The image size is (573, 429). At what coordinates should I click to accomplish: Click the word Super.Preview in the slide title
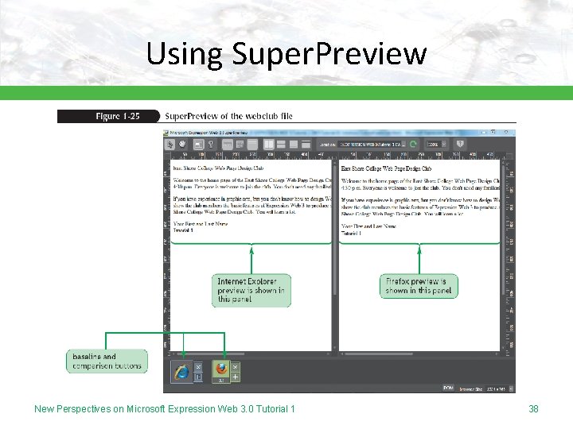pyautogui.click(x=329, y=54)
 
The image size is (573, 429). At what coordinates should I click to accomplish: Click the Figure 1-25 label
pyautogui.click(x=117, y=116)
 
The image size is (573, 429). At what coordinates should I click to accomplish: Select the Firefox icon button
pyautogui.click(x=220, y=369)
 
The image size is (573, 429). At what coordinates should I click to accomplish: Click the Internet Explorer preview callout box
pyautogui.click(x=251, y=290)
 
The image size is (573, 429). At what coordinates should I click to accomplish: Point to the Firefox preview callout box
pyautogui.click(x=419, y=286)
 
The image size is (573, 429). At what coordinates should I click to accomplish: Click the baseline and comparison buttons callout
pyautogui.click(x=107, y=361)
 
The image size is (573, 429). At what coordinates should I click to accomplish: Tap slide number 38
pyautogui.click(x=533, y=408)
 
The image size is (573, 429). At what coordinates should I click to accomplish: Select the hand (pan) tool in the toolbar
pyautogui.click(x=184, y=145)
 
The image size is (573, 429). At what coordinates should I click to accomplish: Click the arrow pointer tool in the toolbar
pyautogui.click(x=170, y=145)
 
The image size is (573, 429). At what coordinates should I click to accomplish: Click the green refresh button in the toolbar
pyautogui.click(x=412, y=145)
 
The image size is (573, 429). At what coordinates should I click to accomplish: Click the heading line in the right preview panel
pyautogui.click(x=386, y=169)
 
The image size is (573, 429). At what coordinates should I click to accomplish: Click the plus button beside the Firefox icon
pyautogui.click(x=236, y=377)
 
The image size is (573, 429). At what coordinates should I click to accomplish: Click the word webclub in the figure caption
pyautogui.click(x=257, y=116)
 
